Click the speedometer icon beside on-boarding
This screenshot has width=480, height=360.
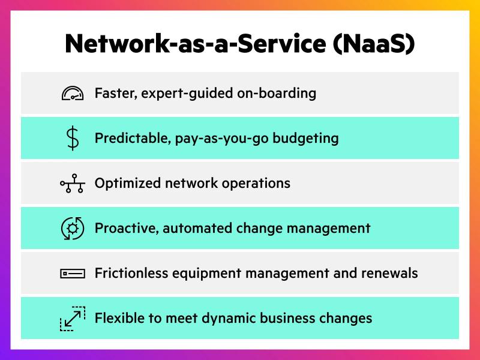73,94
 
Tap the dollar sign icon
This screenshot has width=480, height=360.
73,139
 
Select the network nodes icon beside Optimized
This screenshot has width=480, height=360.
73,184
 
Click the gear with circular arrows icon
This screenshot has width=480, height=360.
73,229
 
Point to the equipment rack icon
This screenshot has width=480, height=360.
73,274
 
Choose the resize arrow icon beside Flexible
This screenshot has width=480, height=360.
73,318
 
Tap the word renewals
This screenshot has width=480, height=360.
389,273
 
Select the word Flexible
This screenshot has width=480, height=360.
118,317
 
